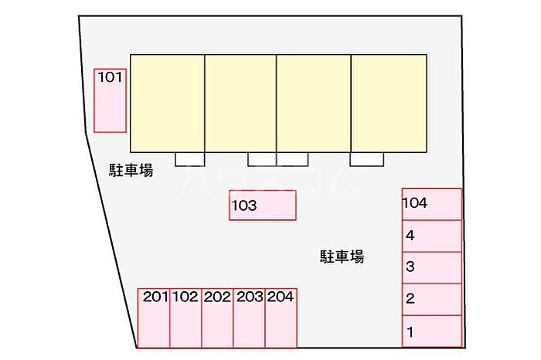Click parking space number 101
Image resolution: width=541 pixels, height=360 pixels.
110,100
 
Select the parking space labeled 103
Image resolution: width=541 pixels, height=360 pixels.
263,205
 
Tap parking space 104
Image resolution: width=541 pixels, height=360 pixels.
432,204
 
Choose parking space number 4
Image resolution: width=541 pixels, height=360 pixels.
432,236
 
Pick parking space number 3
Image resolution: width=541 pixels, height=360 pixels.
432,268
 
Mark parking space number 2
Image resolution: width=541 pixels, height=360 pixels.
432,300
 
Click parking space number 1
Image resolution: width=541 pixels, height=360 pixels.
432,331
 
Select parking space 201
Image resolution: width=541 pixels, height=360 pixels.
154,318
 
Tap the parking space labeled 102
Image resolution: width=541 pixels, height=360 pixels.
185,318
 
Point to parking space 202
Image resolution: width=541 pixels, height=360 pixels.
217,318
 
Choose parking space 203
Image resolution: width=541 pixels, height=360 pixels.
249,318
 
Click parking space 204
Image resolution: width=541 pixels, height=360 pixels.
281,318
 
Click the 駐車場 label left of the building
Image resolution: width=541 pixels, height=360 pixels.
131,171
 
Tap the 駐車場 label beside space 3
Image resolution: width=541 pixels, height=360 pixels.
342,257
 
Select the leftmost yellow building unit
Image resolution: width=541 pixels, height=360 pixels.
168,104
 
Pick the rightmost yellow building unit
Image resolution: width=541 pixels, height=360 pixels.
389,104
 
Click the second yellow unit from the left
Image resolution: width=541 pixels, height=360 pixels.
240,104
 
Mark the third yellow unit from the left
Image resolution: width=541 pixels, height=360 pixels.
314,104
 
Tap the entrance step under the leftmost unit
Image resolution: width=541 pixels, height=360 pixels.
190,159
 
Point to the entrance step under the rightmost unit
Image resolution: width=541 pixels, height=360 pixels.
367,159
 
